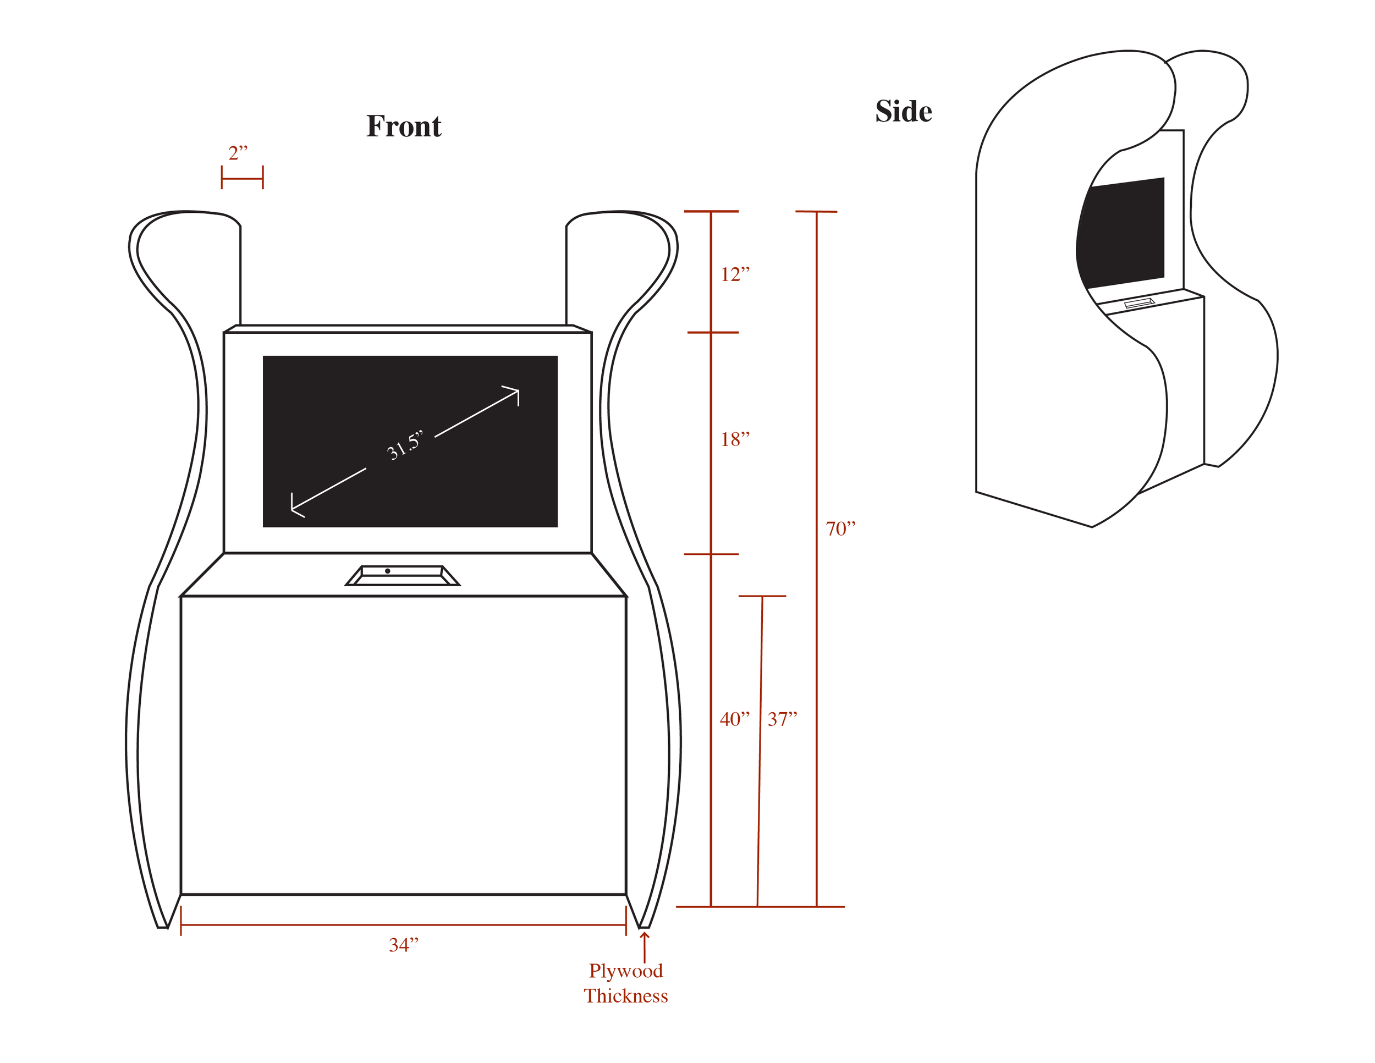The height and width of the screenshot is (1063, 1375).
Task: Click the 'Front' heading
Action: [404, 126]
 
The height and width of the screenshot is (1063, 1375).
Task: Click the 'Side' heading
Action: [904, 112]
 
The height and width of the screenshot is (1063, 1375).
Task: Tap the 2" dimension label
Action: [238, 153]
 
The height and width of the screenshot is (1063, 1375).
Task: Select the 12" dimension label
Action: [735, 274]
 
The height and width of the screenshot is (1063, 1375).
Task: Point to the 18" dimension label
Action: [735, 439]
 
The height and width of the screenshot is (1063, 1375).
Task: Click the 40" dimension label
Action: [735, 719]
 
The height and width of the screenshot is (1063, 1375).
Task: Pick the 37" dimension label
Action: [783, 719]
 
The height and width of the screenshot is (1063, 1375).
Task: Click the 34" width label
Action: [404, 945]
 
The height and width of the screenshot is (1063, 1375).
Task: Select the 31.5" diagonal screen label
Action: [405, 445]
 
